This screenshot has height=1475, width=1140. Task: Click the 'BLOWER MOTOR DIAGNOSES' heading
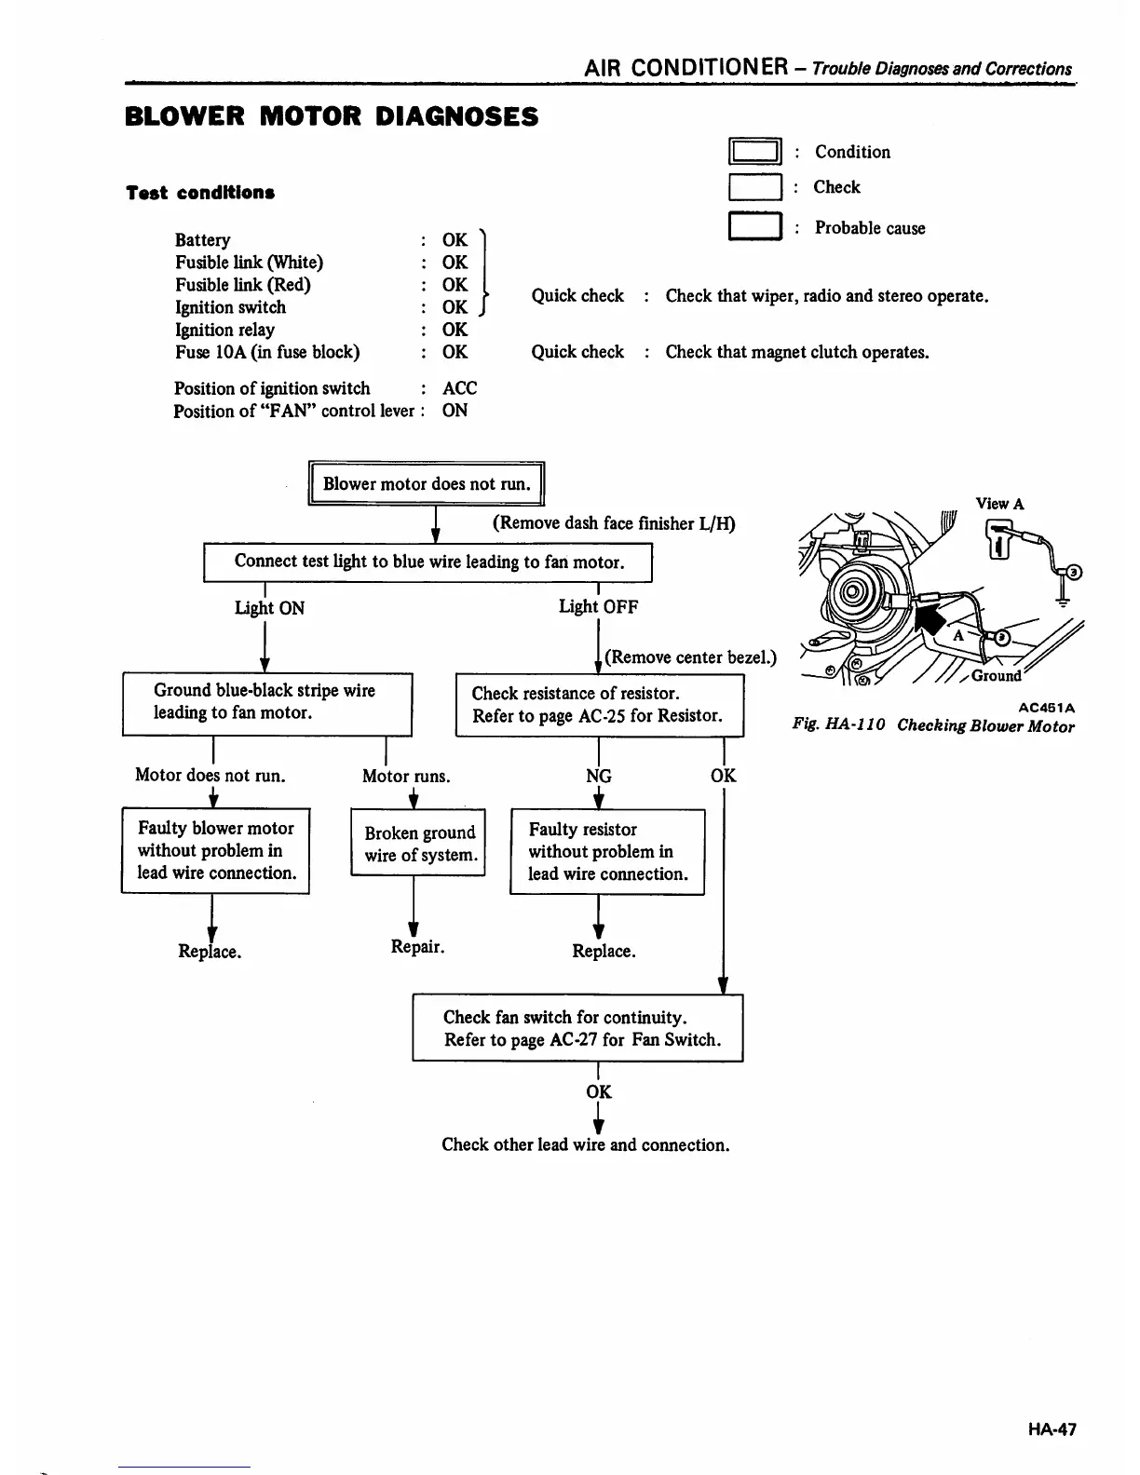click(x=332, y=117)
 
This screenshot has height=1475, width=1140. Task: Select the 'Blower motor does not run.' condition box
click(x=426, y=483)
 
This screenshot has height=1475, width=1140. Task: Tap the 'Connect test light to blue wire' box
click(x=427, y=562)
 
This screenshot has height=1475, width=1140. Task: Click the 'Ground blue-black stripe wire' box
click(x=266, y=702)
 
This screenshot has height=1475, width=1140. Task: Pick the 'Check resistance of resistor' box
click(x=599, y=705)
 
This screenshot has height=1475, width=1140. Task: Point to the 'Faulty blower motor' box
click(x=215, y=850)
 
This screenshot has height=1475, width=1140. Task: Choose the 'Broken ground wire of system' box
click(x=419, y=844)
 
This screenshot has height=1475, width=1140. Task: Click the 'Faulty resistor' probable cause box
click(x=607, y=851)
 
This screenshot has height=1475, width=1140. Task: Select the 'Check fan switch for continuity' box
click(x=577, y=1028)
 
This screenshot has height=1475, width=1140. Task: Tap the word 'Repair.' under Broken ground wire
click(x=417, y=947)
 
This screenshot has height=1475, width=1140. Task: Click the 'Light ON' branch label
click(x=269, y=608)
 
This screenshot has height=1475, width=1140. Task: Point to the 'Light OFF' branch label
click(x=598, y=607)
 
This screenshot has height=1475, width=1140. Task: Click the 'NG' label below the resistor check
click(x=598, y=776)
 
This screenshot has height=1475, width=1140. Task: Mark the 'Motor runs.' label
click(x=406, y=776)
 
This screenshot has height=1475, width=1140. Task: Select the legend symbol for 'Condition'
click(x=754, y=152)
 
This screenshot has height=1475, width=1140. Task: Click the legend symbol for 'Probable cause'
click(x=754, y=228)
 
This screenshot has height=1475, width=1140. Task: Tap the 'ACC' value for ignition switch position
click(x=459, y=388)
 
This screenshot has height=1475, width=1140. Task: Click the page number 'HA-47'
click(x=1052, y=1429)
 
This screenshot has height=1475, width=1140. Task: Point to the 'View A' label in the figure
click(x=999, y=504)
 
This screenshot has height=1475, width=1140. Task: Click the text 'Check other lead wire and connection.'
click(x=585, y=1144)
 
